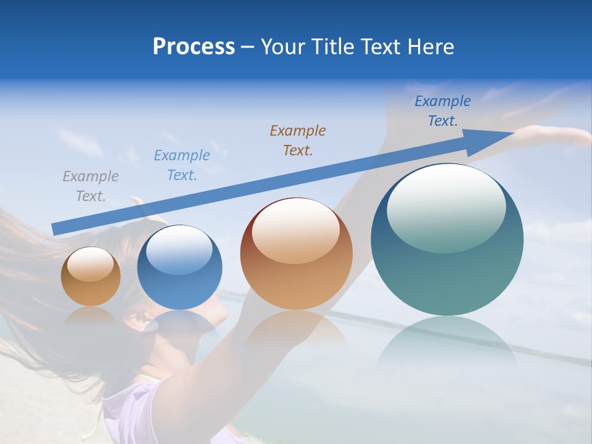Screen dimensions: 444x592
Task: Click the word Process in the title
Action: pos(194,47)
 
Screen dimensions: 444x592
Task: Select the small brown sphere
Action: pos(91,276)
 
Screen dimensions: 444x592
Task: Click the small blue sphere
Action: pos(179,267)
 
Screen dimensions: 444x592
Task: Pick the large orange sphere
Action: pos(296,254)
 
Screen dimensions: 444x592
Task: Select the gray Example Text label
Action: pos(90,186)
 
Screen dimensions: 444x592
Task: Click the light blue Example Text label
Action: pos(181,165)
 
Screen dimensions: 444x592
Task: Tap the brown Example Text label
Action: pos(297,140)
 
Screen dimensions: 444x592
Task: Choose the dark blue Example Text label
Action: pos(442,111)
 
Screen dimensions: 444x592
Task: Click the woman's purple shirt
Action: pos(133,410)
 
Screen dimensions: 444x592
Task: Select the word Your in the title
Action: pos(283,47)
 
